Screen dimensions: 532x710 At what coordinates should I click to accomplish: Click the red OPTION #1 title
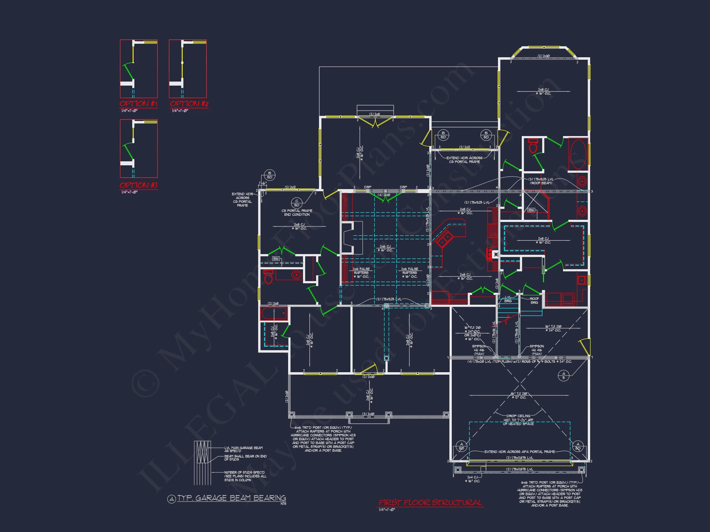138,103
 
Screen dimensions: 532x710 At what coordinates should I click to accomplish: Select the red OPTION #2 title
189,103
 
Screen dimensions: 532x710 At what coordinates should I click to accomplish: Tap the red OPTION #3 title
138,185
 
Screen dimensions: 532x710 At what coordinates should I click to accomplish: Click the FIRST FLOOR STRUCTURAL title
430,502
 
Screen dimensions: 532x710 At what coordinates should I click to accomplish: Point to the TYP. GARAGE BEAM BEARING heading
231,498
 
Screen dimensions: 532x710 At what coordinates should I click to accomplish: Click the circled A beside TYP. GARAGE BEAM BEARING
171,499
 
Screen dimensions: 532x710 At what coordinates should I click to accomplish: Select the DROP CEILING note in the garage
518,420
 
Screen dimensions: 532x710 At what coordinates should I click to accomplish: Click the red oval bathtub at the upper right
578,154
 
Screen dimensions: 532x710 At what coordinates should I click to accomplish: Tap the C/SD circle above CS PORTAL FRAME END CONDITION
296,203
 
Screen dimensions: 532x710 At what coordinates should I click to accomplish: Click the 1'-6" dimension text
263,183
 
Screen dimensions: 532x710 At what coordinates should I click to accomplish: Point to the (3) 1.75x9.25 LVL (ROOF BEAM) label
541,181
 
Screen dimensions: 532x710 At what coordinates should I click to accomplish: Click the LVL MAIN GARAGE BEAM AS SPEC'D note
243,449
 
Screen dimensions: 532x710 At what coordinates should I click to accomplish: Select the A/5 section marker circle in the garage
564,376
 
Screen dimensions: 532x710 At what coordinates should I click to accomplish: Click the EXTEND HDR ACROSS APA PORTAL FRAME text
520,452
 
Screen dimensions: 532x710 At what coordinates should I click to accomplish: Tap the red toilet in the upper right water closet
533,147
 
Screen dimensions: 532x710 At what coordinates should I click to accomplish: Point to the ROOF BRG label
534,300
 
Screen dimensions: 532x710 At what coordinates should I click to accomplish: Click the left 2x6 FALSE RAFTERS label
361,272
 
